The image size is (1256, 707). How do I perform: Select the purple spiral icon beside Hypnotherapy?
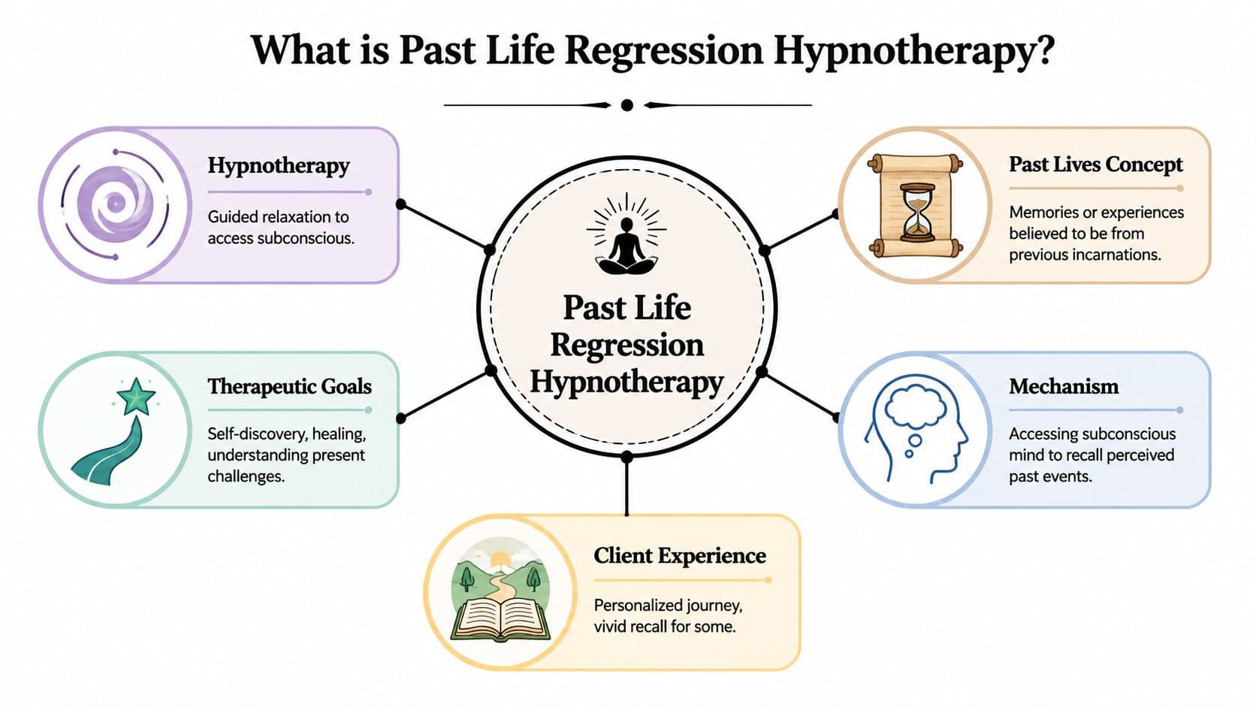pos(115,203)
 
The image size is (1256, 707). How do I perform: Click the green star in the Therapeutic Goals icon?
pos(136,397)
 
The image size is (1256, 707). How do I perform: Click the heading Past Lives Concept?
pos(1095,165)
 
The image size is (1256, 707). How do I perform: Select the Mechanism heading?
pos(1063,386)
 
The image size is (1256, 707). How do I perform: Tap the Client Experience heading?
pos(679,555)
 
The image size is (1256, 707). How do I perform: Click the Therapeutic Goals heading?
pos(289,386)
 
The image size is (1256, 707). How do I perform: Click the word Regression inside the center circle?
pos(626,345)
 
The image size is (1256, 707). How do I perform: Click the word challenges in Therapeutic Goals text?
pos(245,476)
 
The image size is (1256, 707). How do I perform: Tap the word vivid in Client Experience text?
pos(610,626)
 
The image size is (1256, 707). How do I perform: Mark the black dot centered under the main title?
pos(627,105)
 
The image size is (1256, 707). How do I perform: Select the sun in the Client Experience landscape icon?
pos(500,560)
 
